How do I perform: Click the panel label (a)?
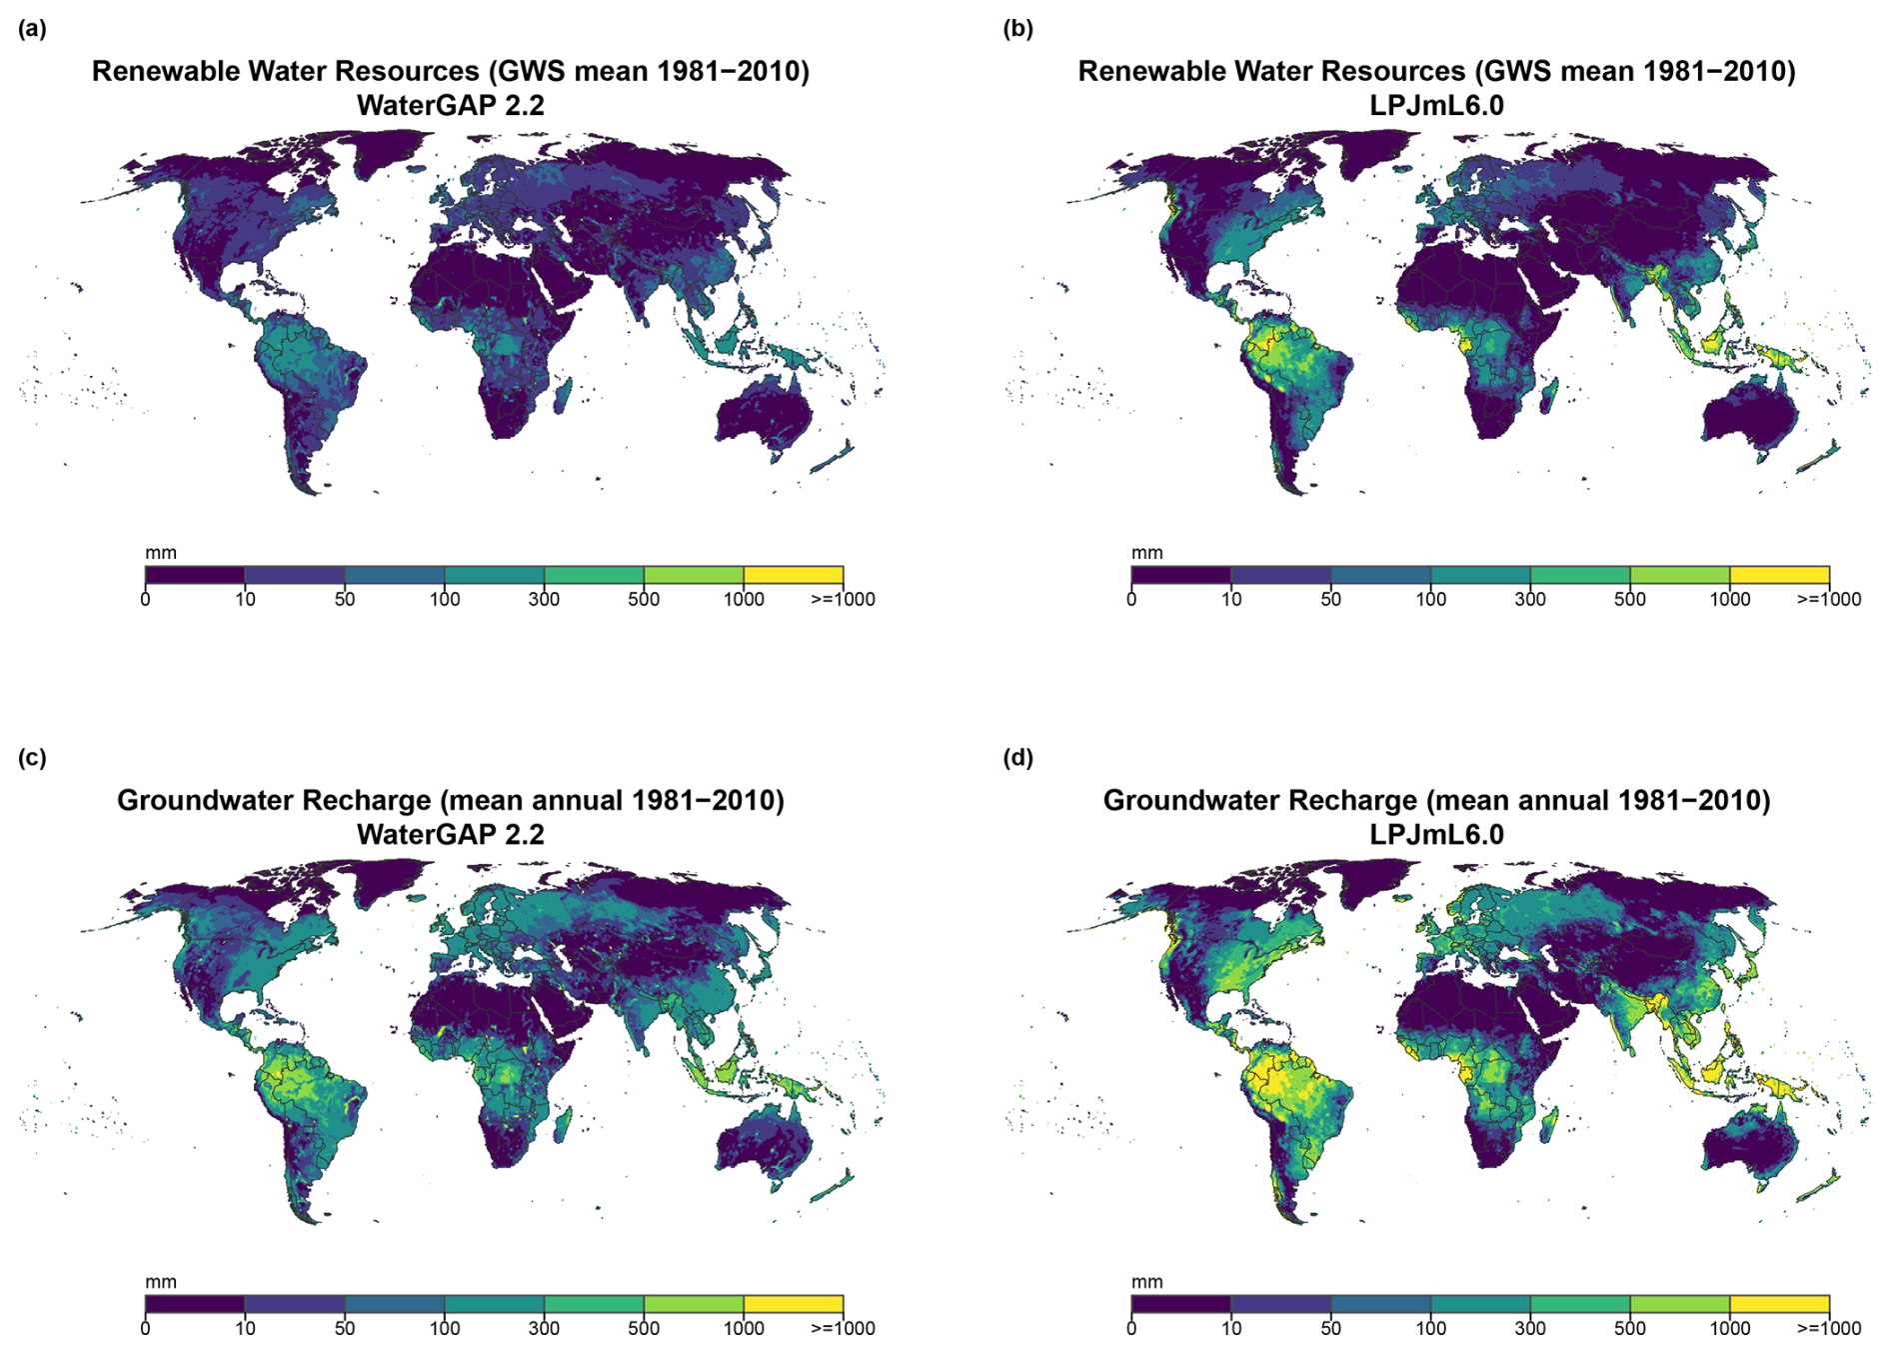click(x=32, y=29)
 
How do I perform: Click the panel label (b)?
click(x=1017, y=29)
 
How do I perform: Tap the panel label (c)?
click(x=32, y=758)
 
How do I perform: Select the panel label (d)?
click(x=1017, y=758)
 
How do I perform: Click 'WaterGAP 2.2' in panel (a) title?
click(x=451, y=105)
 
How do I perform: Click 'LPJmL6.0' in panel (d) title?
click(x=1436, y=834)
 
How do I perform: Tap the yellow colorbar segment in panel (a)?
click(x=794, y=575)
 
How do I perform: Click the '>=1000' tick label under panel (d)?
click(x=1829, y=1328)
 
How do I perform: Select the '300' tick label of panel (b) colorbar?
click(x=1530, y=599)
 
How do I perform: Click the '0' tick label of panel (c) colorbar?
click(x=146, y=1328)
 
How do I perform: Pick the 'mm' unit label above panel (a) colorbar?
click(x=161, y=553)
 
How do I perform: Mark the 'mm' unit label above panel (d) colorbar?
click(x=1146, y=1282)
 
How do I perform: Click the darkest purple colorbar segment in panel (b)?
click(x=1181, y=575)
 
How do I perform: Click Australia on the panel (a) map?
click(x=763, y=414)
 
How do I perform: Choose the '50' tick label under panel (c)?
click(x=345, y=1328)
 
